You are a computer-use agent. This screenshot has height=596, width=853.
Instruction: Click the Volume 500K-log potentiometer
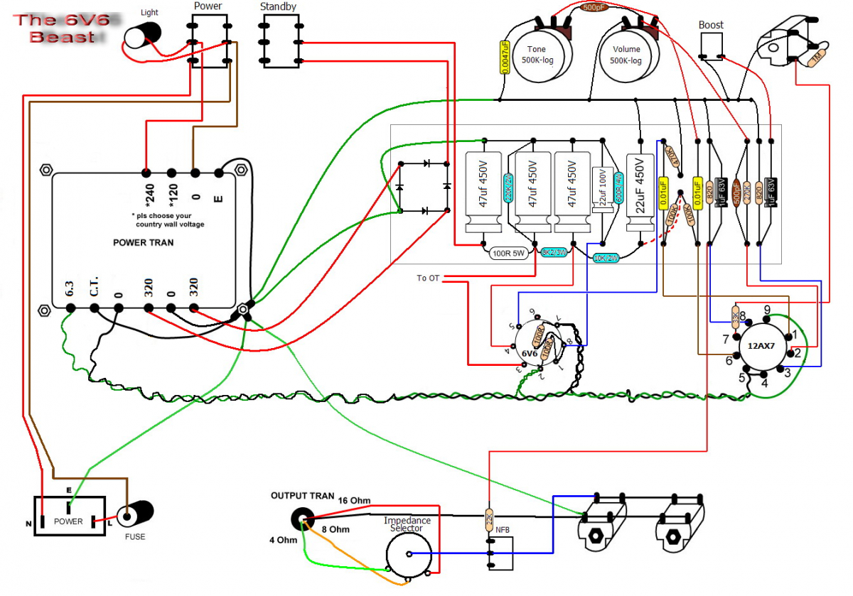[626, 55]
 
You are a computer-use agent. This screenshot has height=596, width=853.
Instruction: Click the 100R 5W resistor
[508, 252]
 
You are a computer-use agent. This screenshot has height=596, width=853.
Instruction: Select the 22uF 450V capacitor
[639, 188]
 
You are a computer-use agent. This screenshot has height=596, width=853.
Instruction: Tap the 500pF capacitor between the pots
[594, 7]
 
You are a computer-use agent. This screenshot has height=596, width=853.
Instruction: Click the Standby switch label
[278, 7]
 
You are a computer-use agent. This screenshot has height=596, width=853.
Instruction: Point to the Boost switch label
[711, 25]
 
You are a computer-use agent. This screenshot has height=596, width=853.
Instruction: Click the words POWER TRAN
[143, 242]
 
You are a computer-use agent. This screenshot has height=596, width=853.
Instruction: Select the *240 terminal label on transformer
[146, 190]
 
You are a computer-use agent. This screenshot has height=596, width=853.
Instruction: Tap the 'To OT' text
[428, 278]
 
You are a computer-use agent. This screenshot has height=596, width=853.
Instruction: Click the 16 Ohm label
[353, 500]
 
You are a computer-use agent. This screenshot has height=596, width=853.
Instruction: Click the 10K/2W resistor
[606, 259]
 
